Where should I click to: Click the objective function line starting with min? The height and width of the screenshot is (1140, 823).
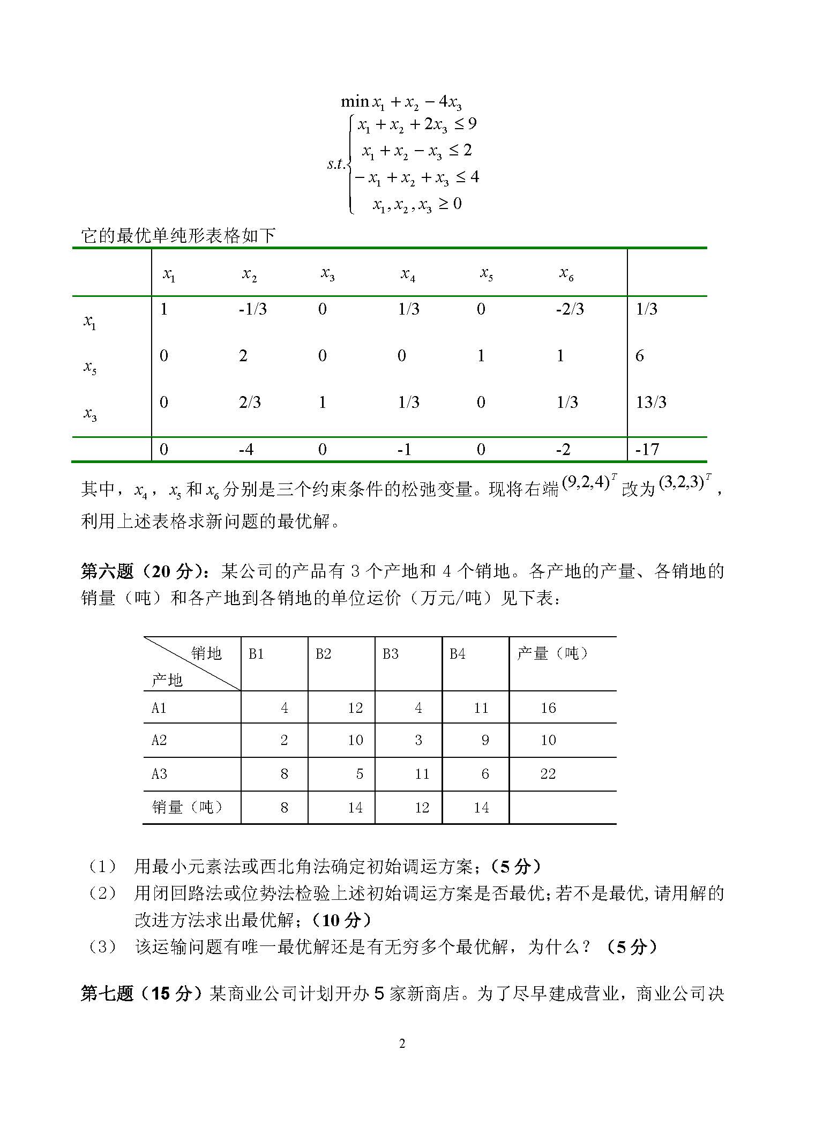(401, 102)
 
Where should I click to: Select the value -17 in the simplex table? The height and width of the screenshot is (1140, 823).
(647, 449)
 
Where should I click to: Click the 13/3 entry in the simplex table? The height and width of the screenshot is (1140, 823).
(650, 402)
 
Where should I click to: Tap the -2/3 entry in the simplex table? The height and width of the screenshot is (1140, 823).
(569, 309)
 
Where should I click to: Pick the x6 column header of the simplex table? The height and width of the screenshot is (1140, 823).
(566, 274)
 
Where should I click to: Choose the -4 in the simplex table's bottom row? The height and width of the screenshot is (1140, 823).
(246, 449)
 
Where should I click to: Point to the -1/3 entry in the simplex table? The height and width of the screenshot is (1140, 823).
(252, 309)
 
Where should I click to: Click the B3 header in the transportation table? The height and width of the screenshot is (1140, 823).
(390, 654)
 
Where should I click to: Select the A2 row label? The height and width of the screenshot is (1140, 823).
(159, 740)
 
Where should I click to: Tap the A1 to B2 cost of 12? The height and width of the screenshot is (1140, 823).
(355, 708)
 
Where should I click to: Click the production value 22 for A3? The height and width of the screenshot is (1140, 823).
(548, 773)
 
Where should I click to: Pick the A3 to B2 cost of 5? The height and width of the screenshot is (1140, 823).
(360, 773)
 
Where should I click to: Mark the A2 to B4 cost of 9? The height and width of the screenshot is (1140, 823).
(485, 740)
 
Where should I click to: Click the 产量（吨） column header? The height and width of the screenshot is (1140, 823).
(552, 653)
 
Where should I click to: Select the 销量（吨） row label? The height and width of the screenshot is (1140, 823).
(187, 807)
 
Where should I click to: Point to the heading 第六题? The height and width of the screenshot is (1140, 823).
(107, 572)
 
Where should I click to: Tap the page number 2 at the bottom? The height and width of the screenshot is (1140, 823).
(402, 1043)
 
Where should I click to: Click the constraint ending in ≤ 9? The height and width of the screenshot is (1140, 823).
(417, 125)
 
